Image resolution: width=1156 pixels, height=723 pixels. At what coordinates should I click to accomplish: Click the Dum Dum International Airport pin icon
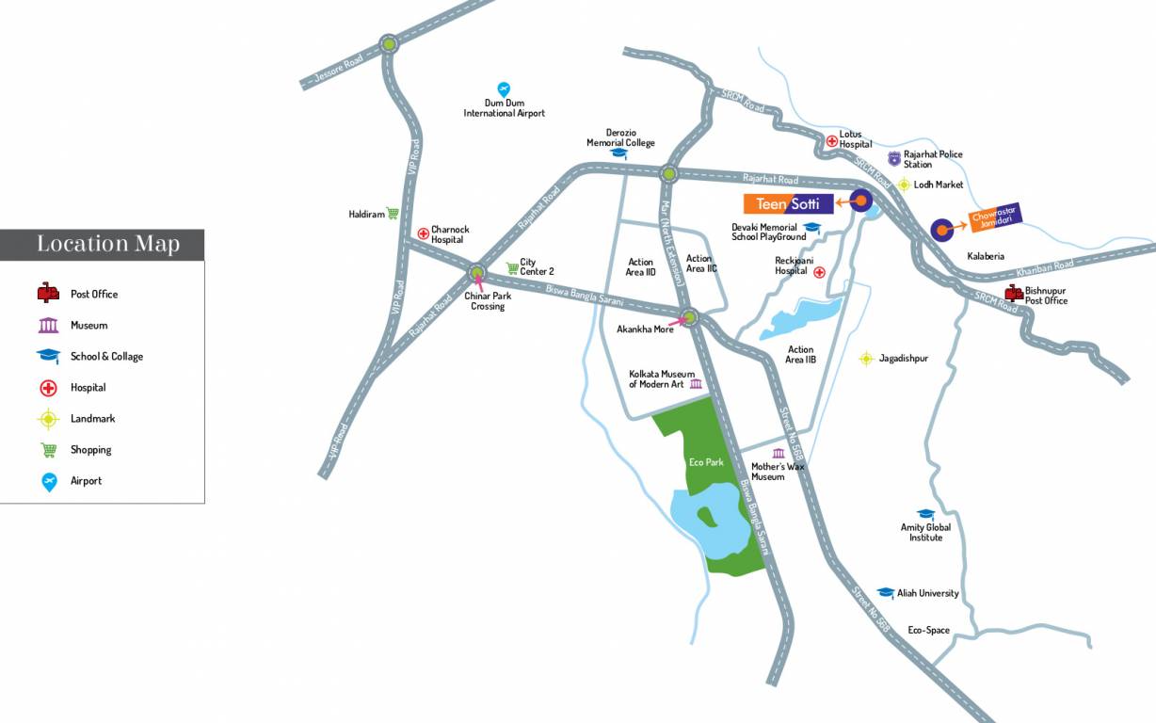click(x=504, y=88)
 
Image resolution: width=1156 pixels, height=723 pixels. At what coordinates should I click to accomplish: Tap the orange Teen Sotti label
click(x=788, y=203)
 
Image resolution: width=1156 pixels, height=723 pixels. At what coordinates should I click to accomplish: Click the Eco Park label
click(x=705, y=462)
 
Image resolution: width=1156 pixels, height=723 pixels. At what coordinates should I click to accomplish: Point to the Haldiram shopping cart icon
click(x=393, y=214)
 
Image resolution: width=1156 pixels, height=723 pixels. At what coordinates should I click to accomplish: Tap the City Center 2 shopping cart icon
click(x=512, y=267)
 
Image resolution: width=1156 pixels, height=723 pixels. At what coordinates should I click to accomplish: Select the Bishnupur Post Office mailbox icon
click(x=1014, y=293)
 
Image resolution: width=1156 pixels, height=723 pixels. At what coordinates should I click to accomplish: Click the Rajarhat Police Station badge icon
click(x=893, y=157)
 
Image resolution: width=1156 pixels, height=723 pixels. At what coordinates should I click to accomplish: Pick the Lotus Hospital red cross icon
click(x=831, y=141)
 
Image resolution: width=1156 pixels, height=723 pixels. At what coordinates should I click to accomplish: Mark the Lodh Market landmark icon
click(x=904, y=185)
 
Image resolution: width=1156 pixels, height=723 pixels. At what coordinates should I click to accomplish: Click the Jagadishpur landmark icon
click(x=866, y=359)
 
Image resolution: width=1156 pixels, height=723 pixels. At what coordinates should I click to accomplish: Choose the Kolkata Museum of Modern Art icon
click(x=696, y=383)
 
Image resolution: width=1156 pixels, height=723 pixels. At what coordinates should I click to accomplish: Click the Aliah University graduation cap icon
click(x=885, y=593)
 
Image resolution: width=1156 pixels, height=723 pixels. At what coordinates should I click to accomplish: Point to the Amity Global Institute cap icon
click(x=925, y=514)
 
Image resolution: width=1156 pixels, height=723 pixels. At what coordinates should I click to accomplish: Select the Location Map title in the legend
click(x=107, y=245)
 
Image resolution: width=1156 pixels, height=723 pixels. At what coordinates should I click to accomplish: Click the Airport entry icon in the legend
click(x=49, y=482)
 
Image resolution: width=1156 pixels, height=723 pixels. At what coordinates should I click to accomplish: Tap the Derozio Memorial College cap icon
click(x=618, y=153)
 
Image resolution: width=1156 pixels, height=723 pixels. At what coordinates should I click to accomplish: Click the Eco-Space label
click(x=928, y=630)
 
